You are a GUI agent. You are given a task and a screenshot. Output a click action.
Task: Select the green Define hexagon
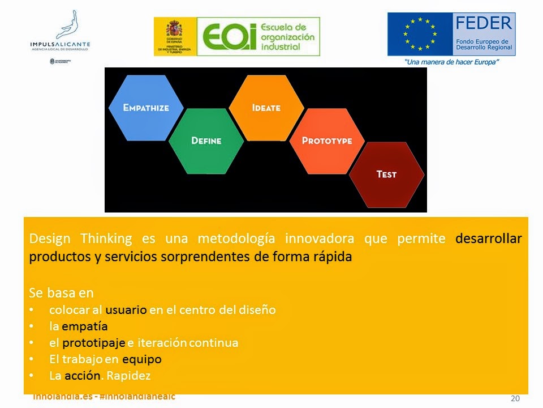tap(206, 141)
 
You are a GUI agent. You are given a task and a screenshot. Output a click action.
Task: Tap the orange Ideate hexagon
tap(266, 108)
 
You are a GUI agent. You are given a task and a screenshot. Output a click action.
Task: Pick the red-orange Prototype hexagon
tap(326, 141)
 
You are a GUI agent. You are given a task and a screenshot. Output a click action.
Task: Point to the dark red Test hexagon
tap(386, 175)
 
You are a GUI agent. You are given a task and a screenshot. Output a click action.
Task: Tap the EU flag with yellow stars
tap(420, 34)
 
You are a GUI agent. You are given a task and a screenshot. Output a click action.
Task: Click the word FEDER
tap(483, 24)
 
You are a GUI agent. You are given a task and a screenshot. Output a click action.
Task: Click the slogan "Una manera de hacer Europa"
tap(451, 62)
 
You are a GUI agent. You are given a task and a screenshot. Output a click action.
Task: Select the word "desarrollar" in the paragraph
tap(488, 239)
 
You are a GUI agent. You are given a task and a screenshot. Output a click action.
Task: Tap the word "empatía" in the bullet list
tap(84, 326)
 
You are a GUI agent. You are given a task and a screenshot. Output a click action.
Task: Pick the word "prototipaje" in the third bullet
tap(94, 343)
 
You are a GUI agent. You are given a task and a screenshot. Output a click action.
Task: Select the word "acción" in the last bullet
tap(83, 376)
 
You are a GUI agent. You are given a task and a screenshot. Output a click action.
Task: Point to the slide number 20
tap(515, 398)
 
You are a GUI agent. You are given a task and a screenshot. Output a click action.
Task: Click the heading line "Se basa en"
tap(61, 293)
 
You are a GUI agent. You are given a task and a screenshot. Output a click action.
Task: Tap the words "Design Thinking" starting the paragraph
tap(80, 239)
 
